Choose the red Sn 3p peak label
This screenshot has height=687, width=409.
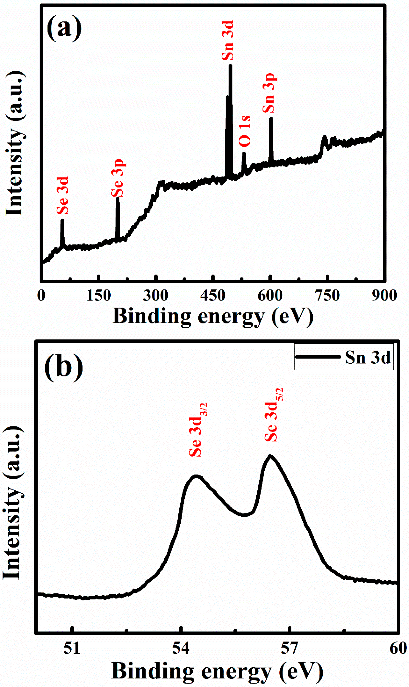coord(269,93)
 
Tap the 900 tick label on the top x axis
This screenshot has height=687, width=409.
coord(384,295)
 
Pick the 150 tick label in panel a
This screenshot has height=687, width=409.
coord(98,295)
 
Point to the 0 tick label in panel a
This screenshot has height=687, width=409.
coord(41,295)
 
